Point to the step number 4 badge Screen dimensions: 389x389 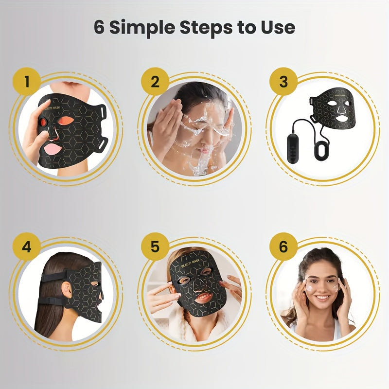pyautogui.click(x=26, y=247)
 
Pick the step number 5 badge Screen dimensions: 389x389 pyautogui.click(x=155, y=247)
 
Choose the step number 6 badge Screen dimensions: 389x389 pyautogui.click(x=283, y=247)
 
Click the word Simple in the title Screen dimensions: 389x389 pyautogui.click(x=143, y=27)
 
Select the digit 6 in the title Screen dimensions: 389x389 pyautogui.click(x=99, y=27)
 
